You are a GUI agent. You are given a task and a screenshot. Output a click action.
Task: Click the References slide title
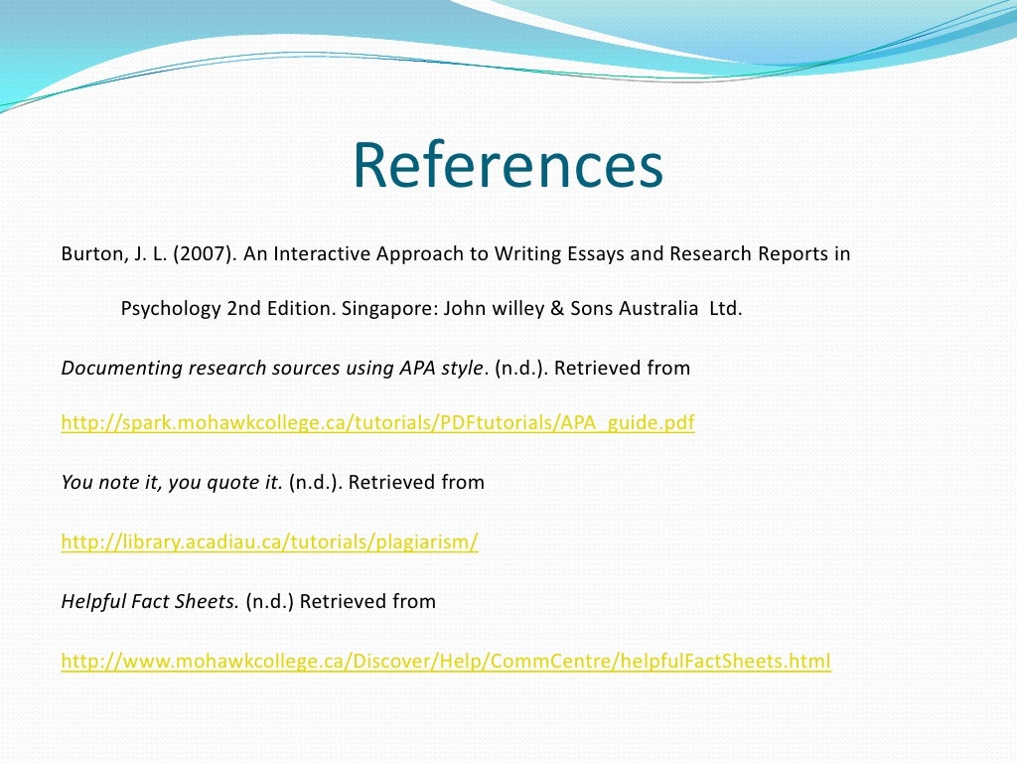(x=508, y=167)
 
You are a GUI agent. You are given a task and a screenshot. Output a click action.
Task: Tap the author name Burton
(x=89, y=253)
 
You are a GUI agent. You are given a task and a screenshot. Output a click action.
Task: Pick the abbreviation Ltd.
(x=725, y=308)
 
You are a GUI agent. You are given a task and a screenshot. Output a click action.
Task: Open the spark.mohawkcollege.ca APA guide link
(x=377, y=423)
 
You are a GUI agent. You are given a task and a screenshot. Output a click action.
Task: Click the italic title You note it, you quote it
(x=172, y=483)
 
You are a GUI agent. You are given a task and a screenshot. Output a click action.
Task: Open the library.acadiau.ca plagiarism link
(x=269, y=542)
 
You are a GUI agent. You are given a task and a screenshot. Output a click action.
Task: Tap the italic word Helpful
(x=93, y=601)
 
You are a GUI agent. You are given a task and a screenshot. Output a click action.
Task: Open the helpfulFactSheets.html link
(x=445, y=661)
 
